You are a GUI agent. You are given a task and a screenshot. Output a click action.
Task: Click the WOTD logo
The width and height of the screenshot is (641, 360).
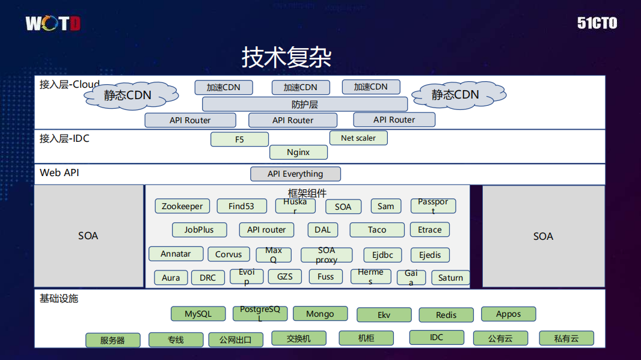[x=52, y=24]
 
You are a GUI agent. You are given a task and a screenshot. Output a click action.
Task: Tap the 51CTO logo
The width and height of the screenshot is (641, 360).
[x=597, y=23]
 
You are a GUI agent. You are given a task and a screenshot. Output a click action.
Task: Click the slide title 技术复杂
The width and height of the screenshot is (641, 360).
[x=286, y=57]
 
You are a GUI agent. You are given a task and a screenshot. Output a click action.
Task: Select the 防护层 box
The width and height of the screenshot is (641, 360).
[x=305, y=104]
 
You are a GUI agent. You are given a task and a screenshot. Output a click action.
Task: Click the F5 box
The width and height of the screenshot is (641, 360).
[x=239, y=139]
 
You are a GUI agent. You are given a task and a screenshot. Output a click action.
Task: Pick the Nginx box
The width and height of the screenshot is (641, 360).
[x=298, y=152]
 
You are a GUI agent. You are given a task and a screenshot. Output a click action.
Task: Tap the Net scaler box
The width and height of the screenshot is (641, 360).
[x=358, y=138]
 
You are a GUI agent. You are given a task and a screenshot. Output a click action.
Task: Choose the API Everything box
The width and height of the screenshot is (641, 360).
[x=295, y=174]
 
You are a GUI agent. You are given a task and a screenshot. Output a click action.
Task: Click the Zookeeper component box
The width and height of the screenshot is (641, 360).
[x=182, y=206]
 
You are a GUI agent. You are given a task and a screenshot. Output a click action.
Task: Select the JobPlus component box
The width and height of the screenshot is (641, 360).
[x=199, y=230]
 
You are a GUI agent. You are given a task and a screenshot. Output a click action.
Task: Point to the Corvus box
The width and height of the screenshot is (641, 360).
[x=228, y=254]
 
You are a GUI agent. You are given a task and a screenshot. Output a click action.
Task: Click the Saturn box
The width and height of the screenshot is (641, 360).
[x=450, y=278]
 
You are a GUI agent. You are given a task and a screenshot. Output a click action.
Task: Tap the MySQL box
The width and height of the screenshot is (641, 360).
[x=198, y=314]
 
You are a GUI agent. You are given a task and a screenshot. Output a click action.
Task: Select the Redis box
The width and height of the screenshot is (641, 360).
[x=446, y=315]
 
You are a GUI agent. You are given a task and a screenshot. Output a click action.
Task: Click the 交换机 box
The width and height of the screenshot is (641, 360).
[x=299, y=338]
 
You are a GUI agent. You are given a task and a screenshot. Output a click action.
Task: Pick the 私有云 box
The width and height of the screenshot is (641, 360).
[x=566, y=338]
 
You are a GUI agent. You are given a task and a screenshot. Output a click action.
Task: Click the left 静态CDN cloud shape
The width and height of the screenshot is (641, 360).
[x=127, y=95]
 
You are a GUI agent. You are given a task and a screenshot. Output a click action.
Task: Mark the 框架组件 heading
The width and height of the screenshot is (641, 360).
[x=307, y=193]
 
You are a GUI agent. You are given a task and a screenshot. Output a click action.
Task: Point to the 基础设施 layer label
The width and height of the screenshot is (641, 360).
[x=59, y=298]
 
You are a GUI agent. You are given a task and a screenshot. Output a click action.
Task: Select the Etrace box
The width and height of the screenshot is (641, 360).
[x=430, y=230]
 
